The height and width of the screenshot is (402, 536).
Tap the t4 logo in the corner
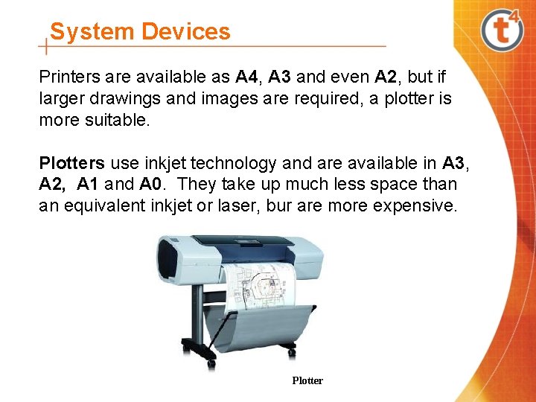click(x=502, y=29)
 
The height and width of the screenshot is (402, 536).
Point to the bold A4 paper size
click(x=246, y=77)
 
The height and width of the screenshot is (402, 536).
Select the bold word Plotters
click(x=71, y=163)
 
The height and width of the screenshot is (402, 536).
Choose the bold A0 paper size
click(x=151, y=184)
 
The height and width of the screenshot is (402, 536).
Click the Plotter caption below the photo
click(x=307, y=380)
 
